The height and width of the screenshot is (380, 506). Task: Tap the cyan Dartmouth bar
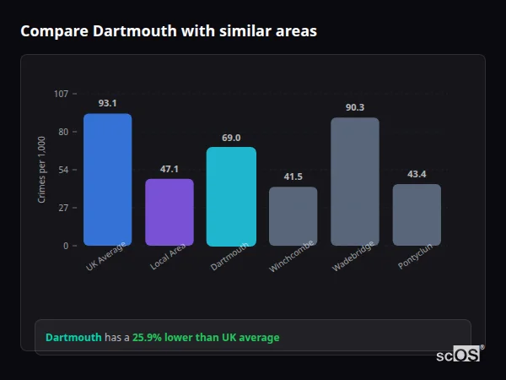coord(231,197)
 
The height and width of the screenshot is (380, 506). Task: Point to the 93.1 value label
coord(107,103)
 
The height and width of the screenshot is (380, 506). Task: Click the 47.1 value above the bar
coord(170,169)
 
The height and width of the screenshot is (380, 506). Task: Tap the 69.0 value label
coord(231,138)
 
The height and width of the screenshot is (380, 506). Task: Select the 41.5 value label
coord(293,176)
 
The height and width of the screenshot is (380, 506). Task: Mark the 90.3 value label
coord(355,107)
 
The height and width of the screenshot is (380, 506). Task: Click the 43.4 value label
coord(417,174)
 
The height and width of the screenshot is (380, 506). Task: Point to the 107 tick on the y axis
coord(61,93)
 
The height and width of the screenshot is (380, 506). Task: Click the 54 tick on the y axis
coord(63,170)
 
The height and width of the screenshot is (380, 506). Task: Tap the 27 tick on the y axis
coord(63,208)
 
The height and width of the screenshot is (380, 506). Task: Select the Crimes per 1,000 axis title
coord(41,169)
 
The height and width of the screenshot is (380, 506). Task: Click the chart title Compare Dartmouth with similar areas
coord(169,31)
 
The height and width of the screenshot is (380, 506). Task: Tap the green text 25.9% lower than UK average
coord(206,338)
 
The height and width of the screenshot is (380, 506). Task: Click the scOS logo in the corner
coord(459,356)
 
